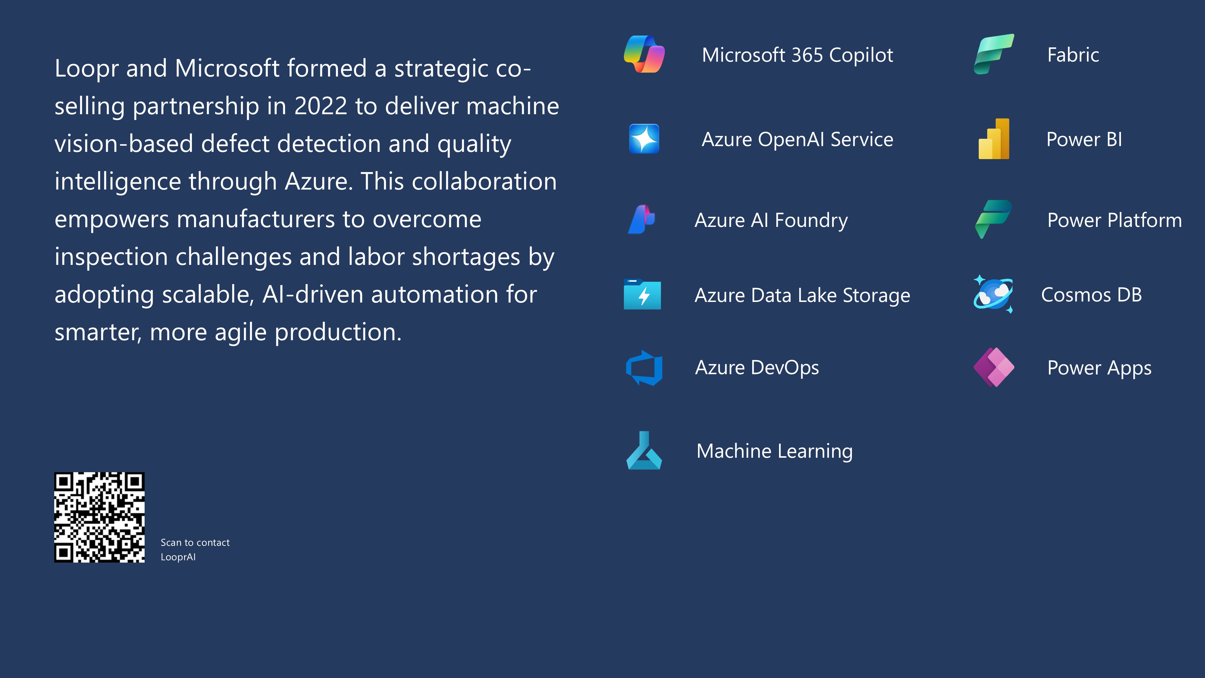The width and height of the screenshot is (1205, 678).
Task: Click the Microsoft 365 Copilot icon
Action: [x=644, y=54]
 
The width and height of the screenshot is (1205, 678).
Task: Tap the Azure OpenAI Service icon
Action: [x=644, y=139]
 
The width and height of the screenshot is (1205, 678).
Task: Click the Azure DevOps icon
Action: [x=644, y=368]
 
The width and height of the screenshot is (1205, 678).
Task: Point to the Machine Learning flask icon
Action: [x=644, y=450]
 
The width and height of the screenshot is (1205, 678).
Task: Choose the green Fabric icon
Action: [x=994, y=54]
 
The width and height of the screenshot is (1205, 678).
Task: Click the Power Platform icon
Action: [x=994, y=219]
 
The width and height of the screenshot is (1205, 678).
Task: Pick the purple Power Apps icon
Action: [x=994, y=367]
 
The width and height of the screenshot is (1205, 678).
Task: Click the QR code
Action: [x=99, y=517]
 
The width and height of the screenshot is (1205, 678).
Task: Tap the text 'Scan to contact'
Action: [x=195, y=542]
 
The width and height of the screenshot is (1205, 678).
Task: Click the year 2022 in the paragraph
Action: [x=321, y=106]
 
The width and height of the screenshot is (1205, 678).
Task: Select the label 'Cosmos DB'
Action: [x=1091, y=295]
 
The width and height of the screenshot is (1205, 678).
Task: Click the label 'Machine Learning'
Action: [x=775, y=451]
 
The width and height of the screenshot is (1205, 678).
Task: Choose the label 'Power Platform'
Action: [x=1115, y=220]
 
